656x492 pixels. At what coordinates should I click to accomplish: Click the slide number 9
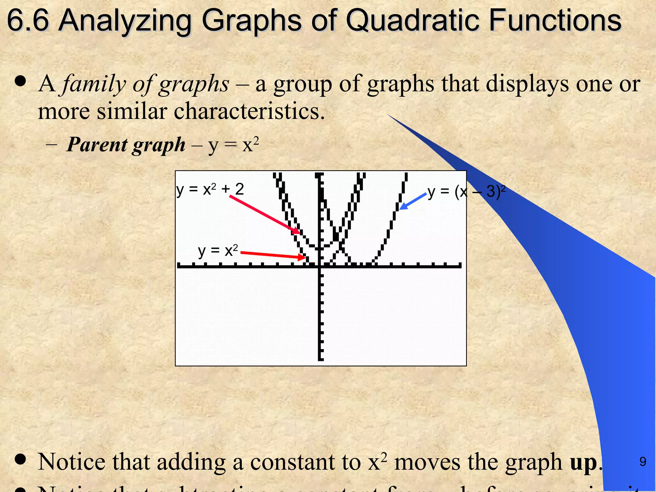pos(643,462)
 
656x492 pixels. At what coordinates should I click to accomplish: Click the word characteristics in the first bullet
pos(249,111)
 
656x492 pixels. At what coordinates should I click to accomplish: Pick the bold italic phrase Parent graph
pos(126,144)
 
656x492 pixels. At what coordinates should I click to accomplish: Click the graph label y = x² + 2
pos(210,189)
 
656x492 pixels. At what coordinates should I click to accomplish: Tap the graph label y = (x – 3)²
pos(466,192)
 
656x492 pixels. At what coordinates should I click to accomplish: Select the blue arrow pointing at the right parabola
pos(413,201)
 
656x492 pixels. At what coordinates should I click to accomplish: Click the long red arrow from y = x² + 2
pos(265,214)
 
